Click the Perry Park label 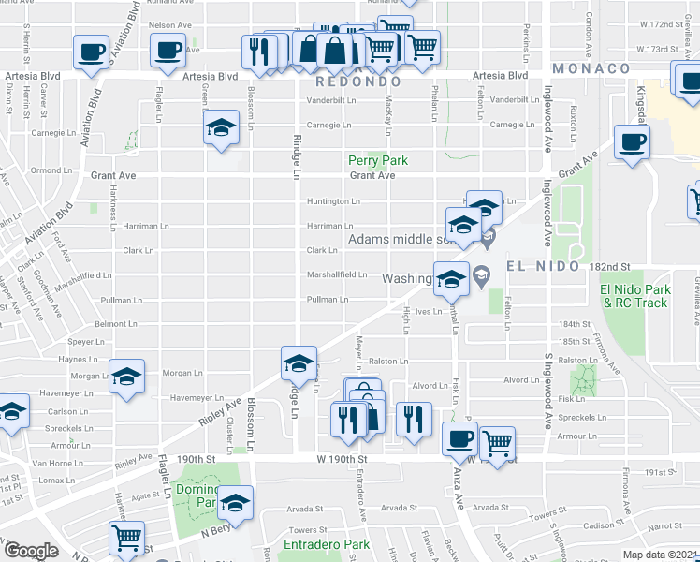(378, 160)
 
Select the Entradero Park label (328, 544)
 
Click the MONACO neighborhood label (591, 68)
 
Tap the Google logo (31, 551)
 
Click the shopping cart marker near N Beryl (125, 538)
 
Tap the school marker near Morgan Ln (125, 377)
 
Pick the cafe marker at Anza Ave (459, 437)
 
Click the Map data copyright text (661, 555)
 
